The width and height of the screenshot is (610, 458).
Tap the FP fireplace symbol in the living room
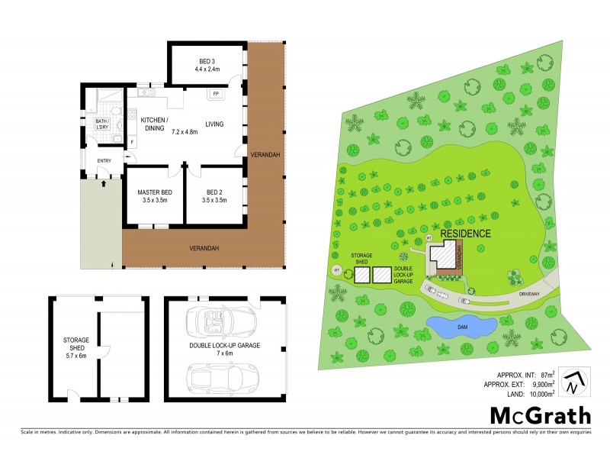216,94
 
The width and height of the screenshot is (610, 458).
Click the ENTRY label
103,160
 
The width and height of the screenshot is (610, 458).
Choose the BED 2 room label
213,196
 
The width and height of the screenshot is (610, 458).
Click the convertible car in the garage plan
222,319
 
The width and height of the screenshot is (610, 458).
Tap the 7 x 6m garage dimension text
225,353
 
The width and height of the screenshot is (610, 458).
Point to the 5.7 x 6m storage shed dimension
75,356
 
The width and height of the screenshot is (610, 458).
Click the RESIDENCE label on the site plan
465,234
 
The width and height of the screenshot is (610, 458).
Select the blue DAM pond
461,326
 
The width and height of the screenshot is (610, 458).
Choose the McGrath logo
539,416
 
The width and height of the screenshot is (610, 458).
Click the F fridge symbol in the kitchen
132,142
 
